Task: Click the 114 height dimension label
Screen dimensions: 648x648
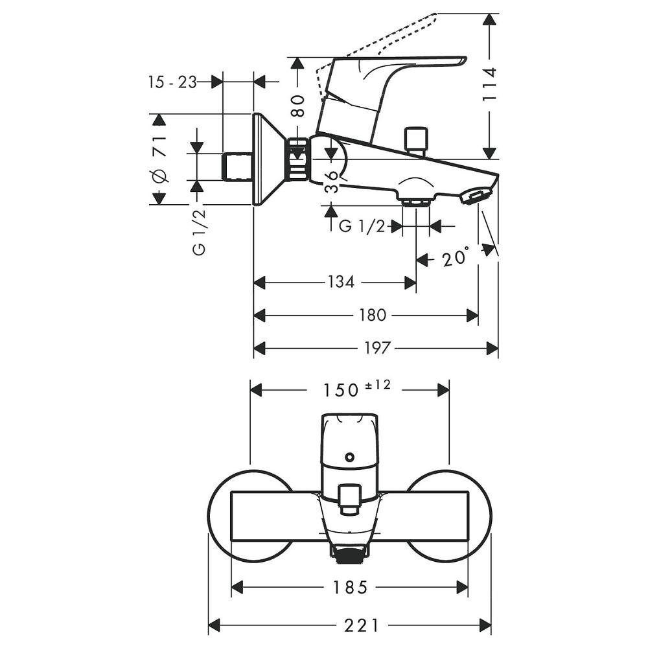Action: (x=490, y=84)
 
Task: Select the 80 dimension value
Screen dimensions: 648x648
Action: (x=297, y=105)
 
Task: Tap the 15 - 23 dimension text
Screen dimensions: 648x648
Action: (x=172, y=82)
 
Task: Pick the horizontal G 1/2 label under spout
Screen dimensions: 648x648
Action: (x=362, y=226)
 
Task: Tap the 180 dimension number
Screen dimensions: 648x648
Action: (x=372, y=316)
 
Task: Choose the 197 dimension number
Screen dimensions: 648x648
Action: (x=377, y=349)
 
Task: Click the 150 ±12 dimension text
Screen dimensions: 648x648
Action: (x=354, y=389)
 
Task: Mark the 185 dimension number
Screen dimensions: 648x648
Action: (x=350, y=587)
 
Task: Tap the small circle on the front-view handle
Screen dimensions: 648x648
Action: (x=349, y=457)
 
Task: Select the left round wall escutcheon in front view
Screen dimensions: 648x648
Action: (x=220, y=516)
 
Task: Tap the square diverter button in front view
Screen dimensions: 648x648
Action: (x=349, y=498)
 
